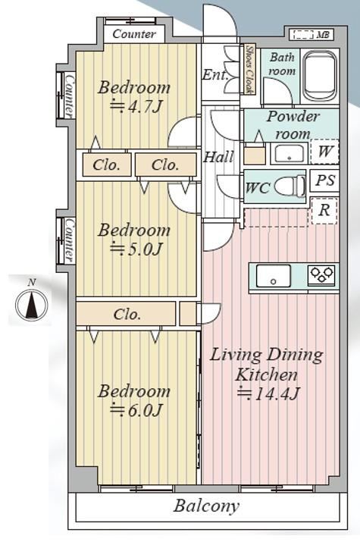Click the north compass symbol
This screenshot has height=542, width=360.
pyautogui.click(x=31, y=304)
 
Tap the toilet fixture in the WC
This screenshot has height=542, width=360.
pyautogui.click(x=290, y=186)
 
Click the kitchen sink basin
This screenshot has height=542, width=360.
pyautogui.click(x=274, y=276)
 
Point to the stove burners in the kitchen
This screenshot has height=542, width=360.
pyautogui.click(x=322, y=275)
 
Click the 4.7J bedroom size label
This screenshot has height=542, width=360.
pyautogui.click(x=136, y=107)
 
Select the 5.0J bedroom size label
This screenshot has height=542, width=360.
pyautogui.click(x=136, y=249)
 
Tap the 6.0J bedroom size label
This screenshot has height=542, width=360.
pyautogui.click(x=136, y=410)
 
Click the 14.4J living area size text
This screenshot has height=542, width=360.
pyautogui.click(x=268, y=393)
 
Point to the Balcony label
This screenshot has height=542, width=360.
pyautogui.click(x=206, y=506)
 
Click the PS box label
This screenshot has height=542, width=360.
pyautogui.click(x=325, y=180)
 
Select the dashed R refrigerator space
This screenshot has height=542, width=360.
pyautogui.click(x=324, y=211)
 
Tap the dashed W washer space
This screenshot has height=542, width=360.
pyautogui.click(x=324, y=151)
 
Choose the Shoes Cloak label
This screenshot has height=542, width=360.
pyautogui.click(x=249, y=69)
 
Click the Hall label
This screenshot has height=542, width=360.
pyautogui.click(x=218, y=157)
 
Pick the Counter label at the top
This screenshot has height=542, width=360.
pyautogui.click(x=134, y=34)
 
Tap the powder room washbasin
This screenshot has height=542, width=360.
pyautogui.click(x=290, y=153)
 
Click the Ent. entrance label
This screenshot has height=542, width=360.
pyautogui.click(x=214, y=75)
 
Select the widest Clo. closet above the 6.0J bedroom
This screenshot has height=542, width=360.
pyautogui.click(x=126, y=314)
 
